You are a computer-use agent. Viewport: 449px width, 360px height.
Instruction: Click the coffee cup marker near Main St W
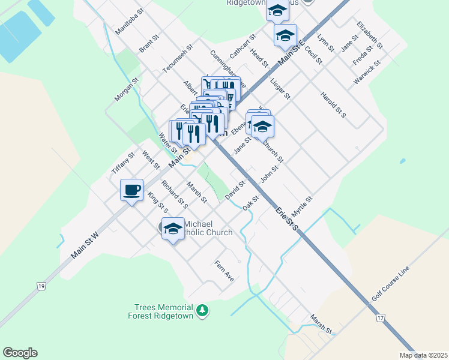tap(132, 190)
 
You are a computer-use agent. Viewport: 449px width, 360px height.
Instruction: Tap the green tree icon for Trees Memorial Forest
tap(203, 310)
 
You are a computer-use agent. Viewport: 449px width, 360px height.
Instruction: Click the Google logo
tap(20, 353)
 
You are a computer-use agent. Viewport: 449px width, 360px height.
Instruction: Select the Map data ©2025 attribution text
tap(423, 355)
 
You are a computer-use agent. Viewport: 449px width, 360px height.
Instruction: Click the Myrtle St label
tap(303, 207)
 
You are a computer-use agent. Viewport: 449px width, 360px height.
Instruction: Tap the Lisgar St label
tap(280, 88)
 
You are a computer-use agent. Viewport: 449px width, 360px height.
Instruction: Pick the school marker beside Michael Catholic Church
tap(173, 229)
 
